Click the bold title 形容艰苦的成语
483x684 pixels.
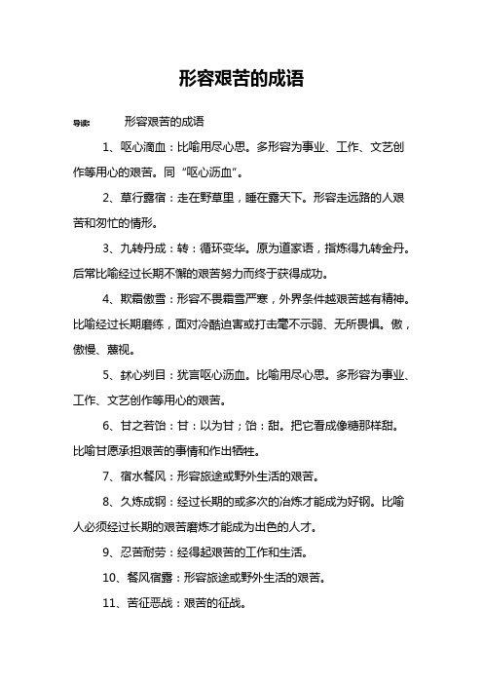[x=241, y=80]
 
